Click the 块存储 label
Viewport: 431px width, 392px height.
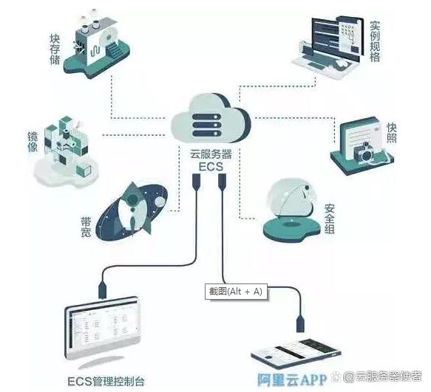point(55,49)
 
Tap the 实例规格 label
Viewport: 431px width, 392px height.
point(375,41)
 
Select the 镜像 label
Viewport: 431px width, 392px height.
point(33,142)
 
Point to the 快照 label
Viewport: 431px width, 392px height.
point(391,133)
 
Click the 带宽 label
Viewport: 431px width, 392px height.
point(86,227)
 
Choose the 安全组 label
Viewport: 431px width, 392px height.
point(329,219)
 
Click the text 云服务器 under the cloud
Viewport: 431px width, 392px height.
point(211,154)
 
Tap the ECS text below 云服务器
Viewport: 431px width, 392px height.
point(211,167)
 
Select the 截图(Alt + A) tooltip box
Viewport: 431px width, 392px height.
point(236,291)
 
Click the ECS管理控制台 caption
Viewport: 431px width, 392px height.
point(106,381)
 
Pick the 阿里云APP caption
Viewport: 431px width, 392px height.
point(292,379)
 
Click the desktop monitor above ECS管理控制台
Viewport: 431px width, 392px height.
point(103,329)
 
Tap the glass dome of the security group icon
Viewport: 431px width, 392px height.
point(291,198)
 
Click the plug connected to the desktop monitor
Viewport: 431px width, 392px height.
point(102,289)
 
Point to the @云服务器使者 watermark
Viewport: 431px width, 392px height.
point(382,376)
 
